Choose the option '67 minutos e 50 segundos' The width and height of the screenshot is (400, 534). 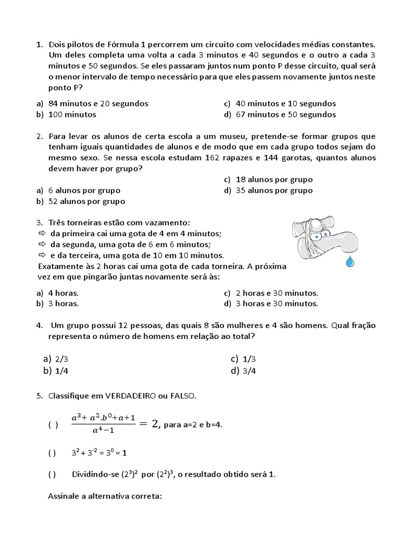point(285,114)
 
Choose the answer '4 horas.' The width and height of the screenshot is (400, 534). point(63,293)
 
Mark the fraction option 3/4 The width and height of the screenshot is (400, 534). point(249,371)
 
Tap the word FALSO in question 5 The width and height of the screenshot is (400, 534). point(183,396)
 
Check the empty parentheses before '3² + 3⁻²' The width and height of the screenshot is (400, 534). point(52,453)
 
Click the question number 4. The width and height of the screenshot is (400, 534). point(39,325)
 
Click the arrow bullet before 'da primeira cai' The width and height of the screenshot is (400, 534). point(42,233)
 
